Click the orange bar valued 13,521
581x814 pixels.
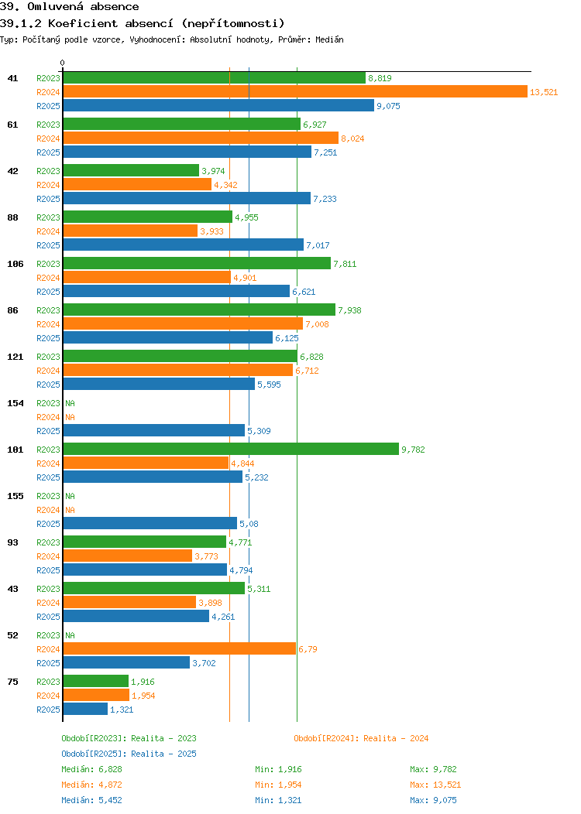click(294, 92)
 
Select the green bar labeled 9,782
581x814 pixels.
click(230, 450)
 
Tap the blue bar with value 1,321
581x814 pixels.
click(85, 710)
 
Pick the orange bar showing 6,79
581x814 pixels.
click(179, 649)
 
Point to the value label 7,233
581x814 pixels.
click(325, 199)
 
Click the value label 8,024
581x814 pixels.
click(352, 139)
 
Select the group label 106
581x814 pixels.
click(15, 264)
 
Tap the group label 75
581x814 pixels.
click(12, 682)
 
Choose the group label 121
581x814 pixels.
click(15, 357)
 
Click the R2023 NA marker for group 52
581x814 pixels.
click(70, 635)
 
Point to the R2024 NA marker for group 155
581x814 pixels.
click(70, 510)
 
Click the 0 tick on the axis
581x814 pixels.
click(63, 63)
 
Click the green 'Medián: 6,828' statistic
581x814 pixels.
click(91, 769)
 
